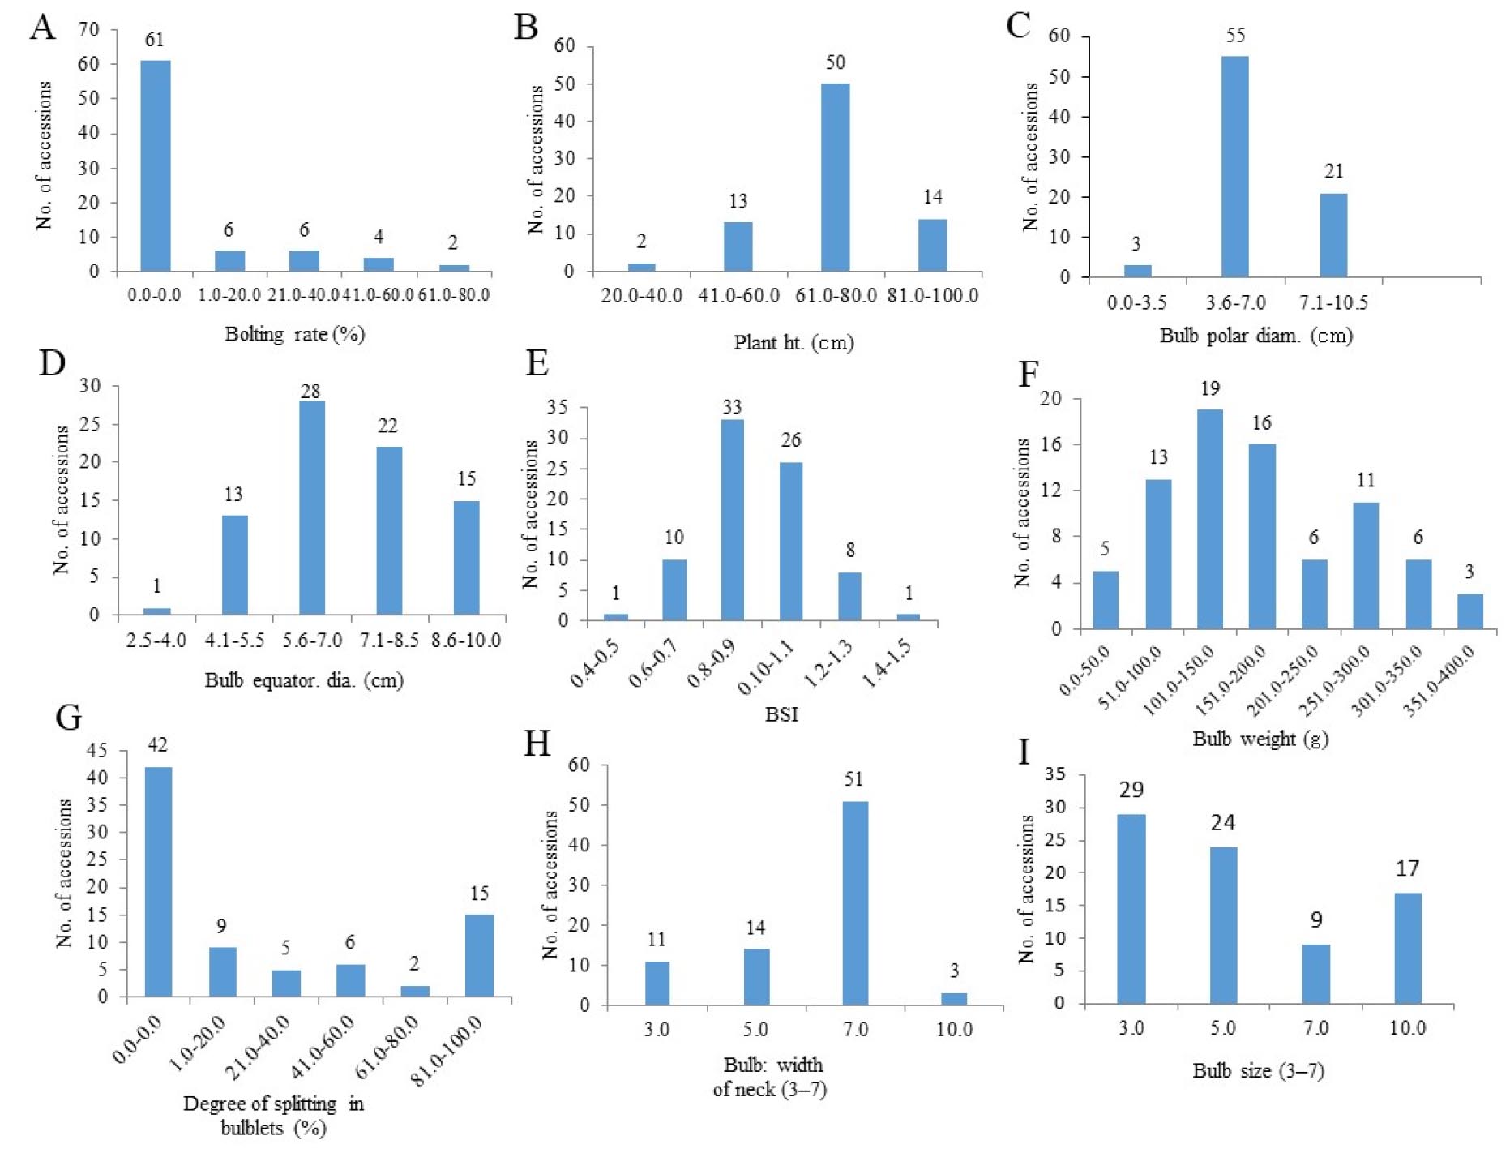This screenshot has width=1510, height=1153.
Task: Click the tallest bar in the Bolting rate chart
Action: pos(156,165)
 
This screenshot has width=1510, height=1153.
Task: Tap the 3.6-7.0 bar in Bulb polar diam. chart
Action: pos(1234,166)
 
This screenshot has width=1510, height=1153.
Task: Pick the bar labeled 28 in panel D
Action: pos(311,508)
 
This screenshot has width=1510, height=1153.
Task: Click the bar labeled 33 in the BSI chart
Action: pos(732,520)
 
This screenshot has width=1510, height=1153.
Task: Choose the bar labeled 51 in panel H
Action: pos(855,903)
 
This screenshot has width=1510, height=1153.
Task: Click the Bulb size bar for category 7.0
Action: pos(1315,974)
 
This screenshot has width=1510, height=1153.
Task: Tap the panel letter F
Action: pos(1029,375)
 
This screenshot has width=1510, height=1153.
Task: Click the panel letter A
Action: pos(43,28)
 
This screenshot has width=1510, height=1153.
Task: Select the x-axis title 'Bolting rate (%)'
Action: pos(294,334)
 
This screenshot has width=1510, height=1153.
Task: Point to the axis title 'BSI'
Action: pos(781,714)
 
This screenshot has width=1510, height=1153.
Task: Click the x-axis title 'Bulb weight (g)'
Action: pos(1260,739)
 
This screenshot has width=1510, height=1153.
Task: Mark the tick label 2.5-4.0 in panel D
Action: pos(156,641)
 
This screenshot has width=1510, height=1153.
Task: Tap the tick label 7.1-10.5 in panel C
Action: pos(1333,303)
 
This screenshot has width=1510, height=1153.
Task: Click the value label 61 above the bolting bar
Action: pos(154,40)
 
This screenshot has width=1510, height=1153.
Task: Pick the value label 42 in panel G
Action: pos(157,745)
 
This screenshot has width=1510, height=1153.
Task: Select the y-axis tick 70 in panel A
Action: pos(88,30)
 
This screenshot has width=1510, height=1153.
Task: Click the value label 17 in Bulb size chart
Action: pos(1407,869)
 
